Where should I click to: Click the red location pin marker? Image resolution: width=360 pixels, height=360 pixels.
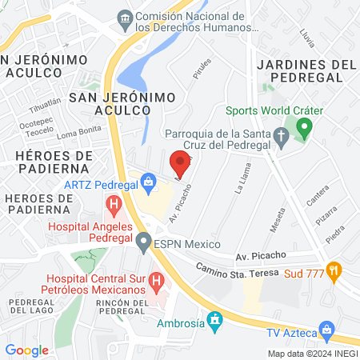(180, 164)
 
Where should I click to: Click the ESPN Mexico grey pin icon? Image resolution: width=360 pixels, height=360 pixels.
(143, 240)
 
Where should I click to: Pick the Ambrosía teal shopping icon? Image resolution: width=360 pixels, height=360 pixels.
(214, 322)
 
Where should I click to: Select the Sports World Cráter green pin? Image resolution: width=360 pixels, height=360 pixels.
(303, 126)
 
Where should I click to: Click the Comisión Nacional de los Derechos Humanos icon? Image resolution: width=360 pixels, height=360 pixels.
(125, 18)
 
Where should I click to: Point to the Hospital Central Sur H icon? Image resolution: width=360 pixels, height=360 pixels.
(157, 282)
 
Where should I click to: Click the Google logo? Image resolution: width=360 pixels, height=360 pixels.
(26, 350)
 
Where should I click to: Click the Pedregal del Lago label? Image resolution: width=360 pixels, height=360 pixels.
(30, 306)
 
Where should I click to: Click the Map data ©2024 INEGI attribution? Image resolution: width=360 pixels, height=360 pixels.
(311, 354)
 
